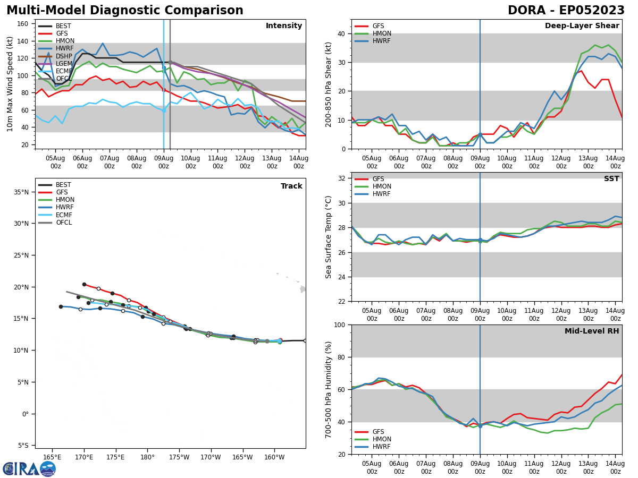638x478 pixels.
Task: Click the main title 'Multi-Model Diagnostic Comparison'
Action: (125, 11)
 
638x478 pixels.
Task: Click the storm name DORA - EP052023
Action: (566, 11)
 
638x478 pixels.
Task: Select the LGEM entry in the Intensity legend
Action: (63, 63)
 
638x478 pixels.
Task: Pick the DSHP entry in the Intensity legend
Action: (63, 56)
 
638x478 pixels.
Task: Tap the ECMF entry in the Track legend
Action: (63, 215)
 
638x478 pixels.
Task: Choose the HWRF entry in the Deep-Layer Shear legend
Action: (381, 41)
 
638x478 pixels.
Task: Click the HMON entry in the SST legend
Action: (382, 186)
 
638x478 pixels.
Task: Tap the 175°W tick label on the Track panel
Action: (179, 457)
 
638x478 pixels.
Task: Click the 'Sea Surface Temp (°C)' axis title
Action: (329, 237)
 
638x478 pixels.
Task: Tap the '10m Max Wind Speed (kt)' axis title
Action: (10, 84)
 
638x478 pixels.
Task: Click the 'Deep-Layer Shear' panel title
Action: (582, 26)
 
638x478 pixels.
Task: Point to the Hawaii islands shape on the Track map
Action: (301, 288)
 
